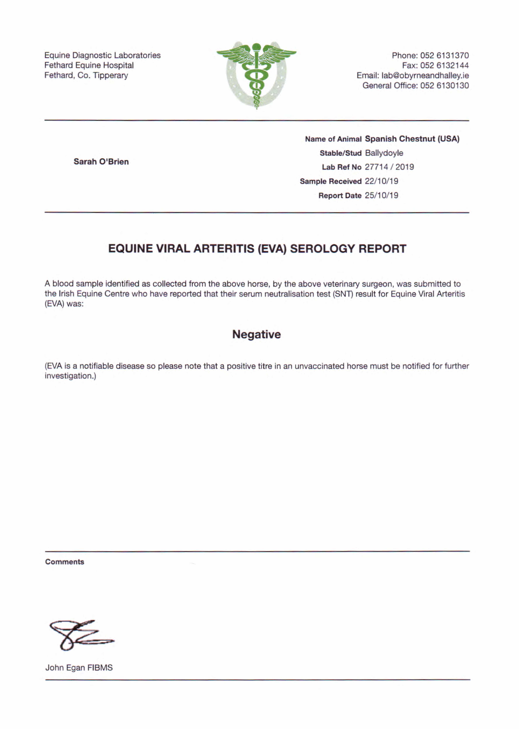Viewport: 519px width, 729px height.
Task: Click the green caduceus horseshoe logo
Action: click(256, 75)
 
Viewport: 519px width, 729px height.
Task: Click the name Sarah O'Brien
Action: click(101, 162)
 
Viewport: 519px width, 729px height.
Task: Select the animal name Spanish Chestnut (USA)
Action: click(412, 139)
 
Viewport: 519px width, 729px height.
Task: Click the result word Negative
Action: click(256, 334)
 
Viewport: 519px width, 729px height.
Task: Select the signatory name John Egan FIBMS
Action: click(79, 668)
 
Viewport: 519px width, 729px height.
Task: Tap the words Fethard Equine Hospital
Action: click(89, 66)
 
